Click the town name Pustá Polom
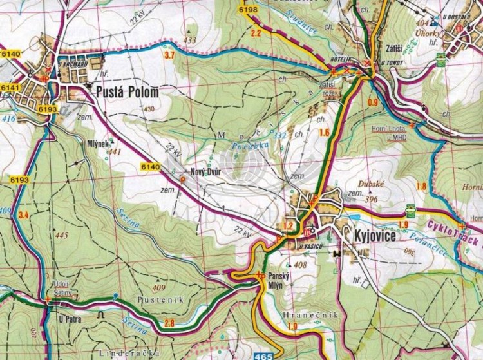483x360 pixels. click(x=127, y=93)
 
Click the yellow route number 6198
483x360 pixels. click(x=247, y=10)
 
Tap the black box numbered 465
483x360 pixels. click(x=263, y=355)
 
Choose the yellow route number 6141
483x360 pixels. click(x=11, y=86)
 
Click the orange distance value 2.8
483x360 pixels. click(x=169, y=323)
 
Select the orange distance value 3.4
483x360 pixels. click(x=24, y=214)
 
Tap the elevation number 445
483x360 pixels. click(x=62, y=236)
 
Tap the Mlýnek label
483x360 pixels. click(x=97, y=145)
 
